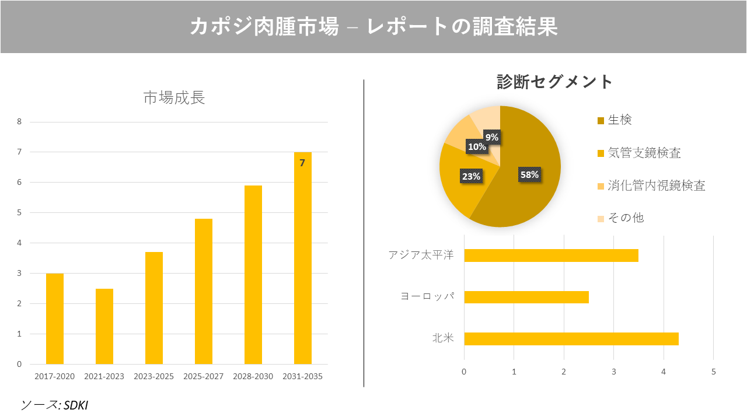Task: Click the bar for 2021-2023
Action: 104,326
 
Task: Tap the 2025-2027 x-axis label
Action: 203,376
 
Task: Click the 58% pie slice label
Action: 530,174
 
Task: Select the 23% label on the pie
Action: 471,176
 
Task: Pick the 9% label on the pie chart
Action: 492,137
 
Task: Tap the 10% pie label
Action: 477,147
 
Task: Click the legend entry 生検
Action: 619,120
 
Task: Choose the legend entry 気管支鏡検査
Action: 644,153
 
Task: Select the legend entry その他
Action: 626,218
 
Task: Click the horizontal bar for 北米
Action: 571,338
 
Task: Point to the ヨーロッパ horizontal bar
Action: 526,297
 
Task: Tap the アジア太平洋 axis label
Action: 421,256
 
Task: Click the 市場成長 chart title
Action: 174,98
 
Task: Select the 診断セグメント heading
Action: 554,82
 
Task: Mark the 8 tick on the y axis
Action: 19,122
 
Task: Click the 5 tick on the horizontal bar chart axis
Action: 713,372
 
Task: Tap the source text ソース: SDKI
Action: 54,404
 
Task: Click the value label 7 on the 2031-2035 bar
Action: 302,163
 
